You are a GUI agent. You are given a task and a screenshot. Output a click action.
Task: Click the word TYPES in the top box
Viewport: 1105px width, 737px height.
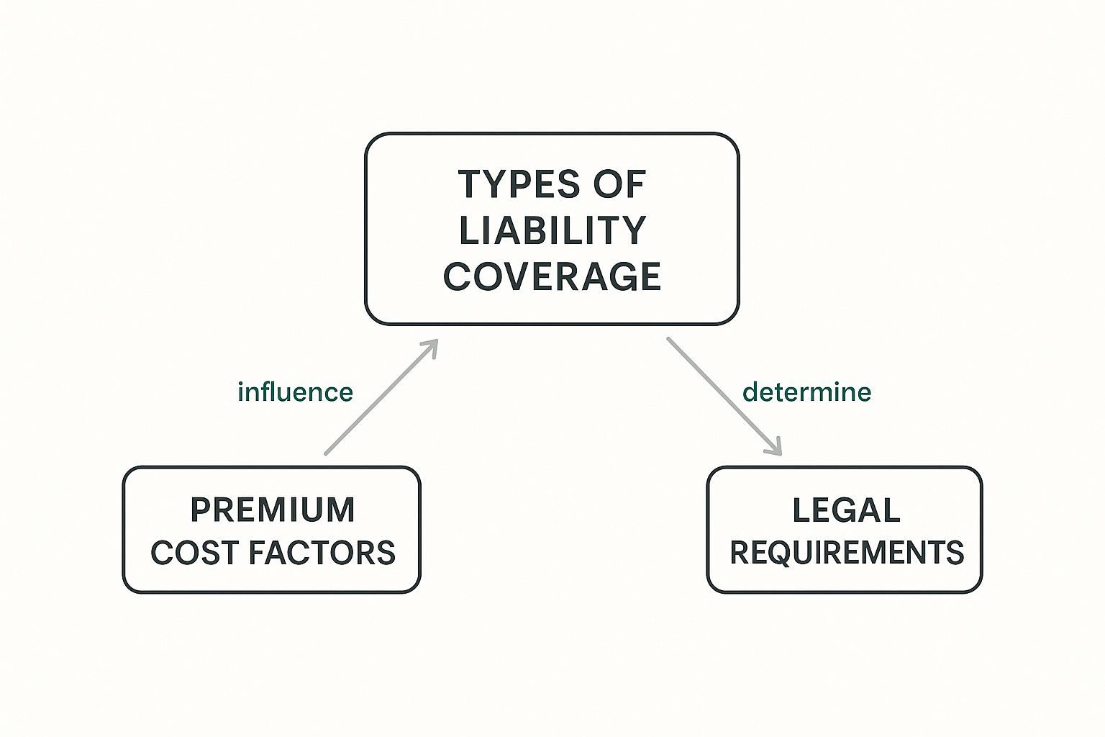click(x=517, y=184)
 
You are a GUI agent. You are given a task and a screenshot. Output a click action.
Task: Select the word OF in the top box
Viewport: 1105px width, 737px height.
click(x=619, y=184)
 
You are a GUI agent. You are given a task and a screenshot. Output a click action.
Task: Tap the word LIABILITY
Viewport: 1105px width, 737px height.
click(x=552, y=230)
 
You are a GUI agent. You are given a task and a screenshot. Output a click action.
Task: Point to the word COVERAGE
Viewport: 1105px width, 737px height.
click(x=552, y=276)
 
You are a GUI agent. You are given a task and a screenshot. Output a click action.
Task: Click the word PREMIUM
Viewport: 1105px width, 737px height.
click(x=273, y=510)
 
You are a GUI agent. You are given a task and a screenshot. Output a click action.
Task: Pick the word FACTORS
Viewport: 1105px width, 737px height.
click(x=322, y=553)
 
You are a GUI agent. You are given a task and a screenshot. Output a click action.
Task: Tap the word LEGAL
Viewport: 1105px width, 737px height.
click(x=846, y=510)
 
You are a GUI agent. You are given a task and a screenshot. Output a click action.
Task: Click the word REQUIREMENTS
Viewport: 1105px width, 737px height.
click(x=847, y=553)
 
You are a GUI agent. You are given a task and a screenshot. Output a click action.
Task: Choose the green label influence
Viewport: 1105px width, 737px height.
click(x=295, y=392)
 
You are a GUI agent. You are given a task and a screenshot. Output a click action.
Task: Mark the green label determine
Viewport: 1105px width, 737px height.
click(x=806, y=392)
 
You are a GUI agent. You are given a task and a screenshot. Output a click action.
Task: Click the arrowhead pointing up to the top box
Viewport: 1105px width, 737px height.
click(x=432, y=345)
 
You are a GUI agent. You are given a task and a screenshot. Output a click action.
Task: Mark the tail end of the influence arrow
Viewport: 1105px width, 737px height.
click(x=327, y=453)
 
